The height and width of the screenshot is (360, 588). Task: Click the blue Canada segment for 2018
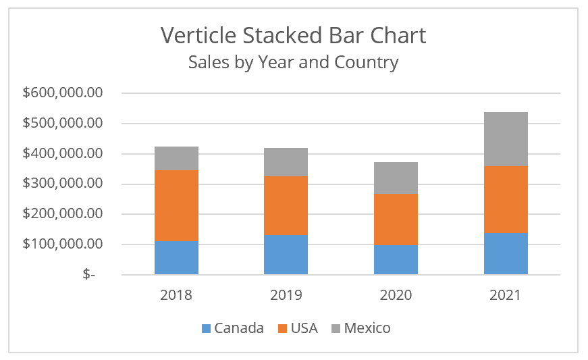click(176, 257)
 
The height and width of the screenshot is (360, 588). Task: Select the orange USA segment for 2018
click(176, 205)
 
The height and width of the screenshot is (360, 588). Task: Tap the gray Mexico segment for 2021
click(506, 138)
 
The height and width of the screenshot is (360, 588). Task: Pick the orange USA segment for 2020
click(396, 220)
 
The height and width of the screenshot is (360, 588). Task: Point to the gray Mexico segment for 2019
click(286, 162)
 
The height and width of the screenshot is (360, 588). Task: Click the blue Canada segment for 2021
click(506, 253)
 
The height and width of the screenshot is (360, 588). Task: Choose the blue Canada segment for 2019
click(286, 254)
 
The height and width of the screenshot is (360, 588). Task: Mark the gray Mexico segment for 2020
click(396, 178)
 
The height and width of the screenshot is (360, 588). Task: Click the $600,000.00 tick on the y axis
click(62, 93)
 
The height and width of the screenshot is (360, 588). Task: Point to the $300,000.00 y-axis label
click(62, 184)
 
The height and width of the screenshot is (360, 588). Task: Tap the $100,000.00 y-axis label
click(62, 244)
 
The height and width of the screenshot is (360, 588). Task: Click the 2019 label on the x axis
click(286, 295)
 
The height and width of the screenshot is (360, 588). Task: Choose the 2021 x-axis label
click(506, 295)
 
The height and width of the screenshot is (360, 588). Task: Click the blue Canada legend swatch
click(206, 329)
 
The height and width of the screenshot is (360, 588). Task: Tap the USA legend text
click(304, 329)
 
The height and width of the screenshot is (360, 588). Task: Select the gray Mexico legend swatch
click(336, 329)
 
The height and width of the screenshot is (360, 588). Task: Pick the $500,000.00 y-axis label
click(62, 124)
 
